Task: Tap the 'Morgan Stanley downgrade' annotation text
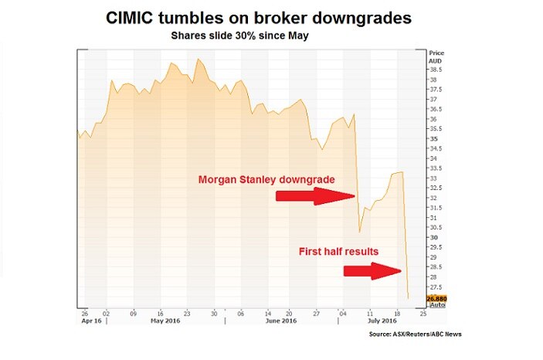(266, 179)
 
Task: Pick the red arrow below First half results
(372, 270)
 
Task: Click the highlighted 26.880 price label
(436, 297)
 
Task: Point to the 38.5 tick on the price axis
(435, 70)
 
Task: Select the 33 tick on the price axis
(433, 178)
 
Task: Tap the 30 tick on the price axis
(433, 237)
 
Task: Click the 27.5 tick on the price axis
(435, 287)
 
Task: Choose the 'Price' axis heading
(436, 52)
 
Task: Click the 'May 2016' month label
(166, 320)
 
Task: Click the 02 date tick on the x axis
(108, 313)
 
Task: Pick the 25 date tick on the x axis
(422, 313)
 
